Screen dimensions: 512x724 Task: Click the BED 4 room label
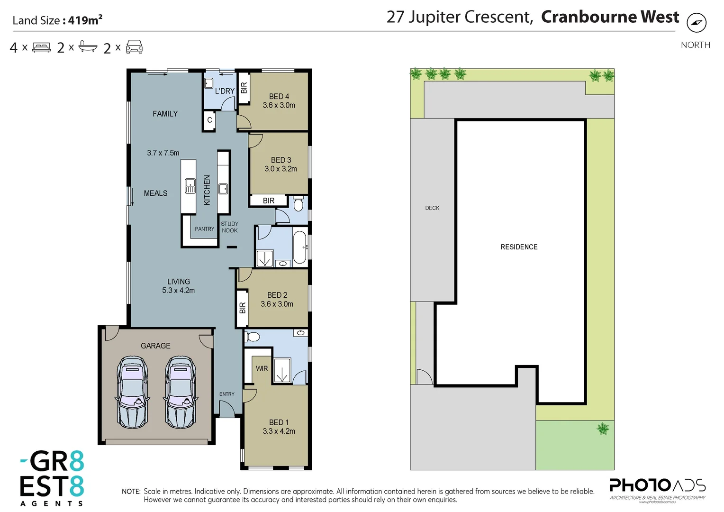279,96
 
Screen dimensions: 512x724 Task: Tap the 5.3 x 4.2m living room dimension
178,290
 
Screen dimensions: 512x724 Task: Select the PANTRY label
204,229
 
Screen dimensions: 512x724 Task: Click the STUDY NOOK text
230,227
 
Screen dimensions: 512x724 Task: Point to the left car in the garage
132,393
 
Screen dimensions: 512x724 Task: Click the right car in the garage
180,393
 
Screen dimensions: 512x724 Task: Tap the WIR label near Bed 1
262,368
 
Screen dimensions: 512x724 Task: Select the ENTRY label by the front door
226,394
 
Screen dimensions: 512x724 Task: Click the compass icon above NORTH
696,22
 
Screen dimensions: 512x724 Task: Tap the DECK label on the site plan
432,208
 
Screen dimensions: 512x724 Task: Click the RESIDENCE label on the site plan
519,247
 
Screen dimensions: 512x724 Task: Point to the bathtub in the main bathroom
299,247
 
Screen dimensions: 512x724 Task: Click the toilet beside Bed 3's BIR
298,204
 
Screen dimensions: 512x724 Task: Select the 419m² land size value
85,20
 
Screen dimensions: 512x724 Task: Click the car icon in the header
134,47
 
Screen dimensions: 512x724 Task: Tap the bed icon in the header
42,47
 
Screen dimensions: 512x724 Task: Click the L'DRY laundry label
225,91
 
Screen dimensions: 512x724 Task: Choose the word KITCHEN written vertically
207,190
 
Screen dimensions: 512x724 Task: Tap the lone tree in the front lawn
603,429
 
